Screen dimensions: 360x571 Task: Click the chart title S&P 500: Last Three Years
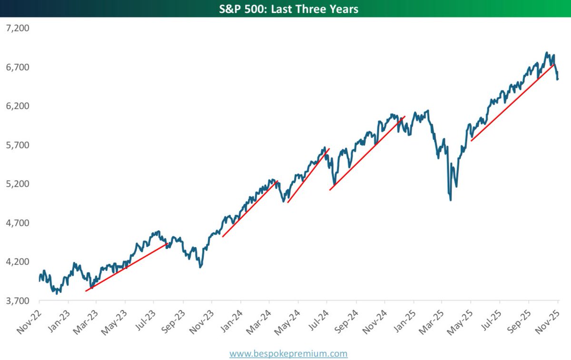tap(285, 9)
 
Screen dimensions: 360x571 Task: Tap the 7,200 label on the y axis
tap(17, 28)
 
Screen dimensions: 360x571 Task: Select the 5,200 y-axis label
tap(17, 184)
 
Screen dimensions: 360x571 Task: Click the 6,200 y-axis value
tap(17, 106)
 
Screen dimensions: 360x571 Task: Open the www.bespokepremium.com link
tap(288, 353)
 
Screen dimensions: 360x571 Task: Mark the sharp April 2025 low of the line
tap(450, 200)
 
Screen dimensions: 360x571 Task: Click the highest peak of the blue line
tap(546, 53)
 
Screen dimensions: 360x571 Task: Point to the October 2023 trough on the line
tap(200, 267)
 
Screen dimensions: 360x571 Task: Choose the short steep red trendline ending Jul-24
tap(308, 176)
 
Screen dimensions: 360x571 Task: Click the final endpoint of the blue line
tap(558, 79)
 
